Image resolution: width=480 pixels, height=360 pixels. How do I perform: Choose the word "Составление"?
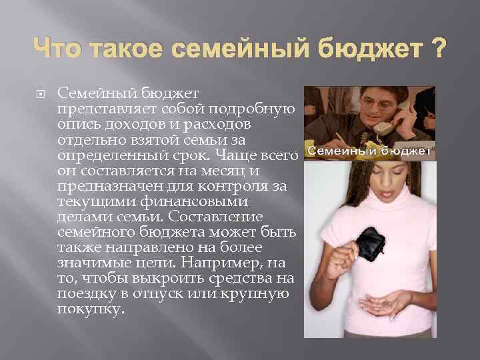tap(207, 217)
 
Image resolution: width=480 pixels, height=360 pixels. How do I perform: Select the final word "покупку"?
tap(91, 309)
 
